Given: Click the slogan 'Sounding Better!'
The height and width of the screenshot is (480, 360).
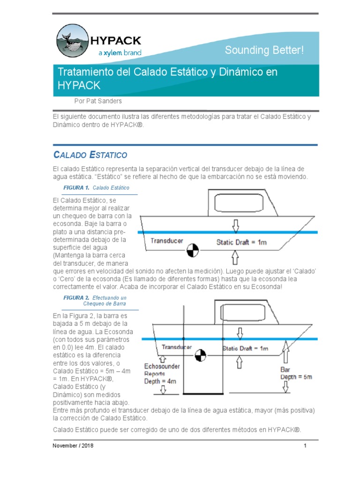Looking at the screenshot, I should click(x=264, y=50).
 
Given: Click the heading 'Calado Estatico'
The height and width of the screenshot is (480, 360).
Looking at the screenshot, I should click(x=90, y=154).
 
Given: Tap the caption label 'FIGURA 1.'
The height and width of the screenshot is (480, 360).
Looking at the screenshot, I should click(x=76, y=187).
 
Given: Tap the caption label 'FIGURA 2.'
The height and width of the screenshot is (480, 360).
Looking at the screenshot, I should click(x=76, y=298).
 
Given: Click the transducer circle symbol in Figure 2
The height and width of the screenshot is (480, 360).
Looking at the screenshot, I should click(x=200, y=355).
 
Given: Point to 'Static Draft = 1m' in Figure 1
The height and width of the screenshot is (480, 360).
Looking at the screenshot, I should click(x=241, y=242).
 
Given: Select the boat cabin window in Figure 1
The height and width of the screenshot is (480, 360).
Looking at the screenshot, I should click(x=237, y=202).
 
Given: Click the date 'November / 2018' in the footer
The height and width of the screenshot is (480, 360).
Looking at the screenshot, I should click(x=73, y=446).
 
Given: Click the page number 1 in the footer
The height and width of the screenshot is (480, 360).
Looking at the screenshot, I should click(x=305, y=446).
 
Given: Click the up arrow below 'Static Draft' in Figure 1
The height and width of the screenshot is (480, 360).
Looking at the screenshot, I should click(x=236, y=256).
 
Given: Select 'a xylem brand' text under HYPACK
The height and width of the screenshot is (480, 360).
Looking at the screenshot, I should click(x=120, y=53).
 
